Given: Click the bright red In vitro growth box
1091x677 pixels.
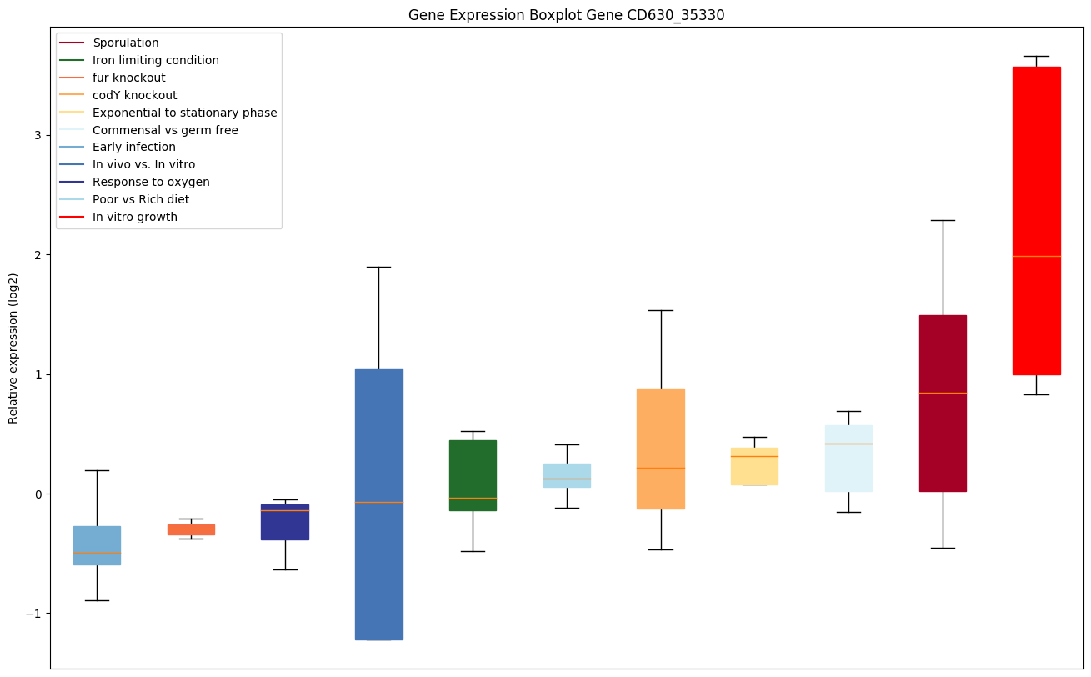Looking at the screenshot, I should pyautogui.click(x=1036, y=221).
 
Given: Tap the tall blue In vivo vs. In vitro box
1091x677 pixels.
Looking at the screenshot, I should pyautogui.click(x=378, y=504).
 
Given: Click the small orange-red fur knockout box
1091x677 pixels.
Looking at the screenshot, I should pyautogui.click(x=191, y=529).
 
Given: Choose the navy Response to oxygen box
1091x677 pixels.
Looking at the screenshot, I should pyautogui.click(x=285, y=522).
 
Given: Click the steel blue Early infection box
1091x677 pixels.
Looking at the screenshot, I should pyautogui.click(x=97, y=545).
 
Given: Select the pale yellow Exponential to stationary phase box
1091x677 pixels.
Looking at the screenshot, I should pyautogui.click(x=754, y=466).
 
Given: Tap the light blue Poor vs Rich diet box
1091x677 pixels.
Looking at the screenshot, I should pyautogui.click(x=567, y=475).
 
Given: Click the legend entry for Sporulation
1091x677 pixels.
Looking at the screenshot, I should pyautogui.click(x=126, y=43).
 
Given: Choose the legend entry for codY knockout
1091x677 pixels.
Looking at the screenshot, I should pyautogui.click(x=134, y=95).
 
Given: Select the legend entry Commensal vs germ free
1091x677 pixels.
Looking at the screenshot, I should pyautogui.click(x=165, y=130).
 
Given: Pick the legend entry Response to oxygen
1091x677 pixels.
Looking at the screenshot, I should pyautogui.click(x=151, y=182).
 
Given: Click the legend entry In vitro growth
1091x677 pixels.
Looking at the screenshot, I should pyautogui.click(x=135, y=217).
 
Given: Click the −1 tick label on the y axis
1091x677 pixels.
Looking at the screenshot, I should pyautogui.click(x=34, y=614).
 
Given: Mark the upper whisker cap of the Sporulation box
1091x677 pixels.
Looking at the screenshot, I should pyautogui.click(x=942, y=220).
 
